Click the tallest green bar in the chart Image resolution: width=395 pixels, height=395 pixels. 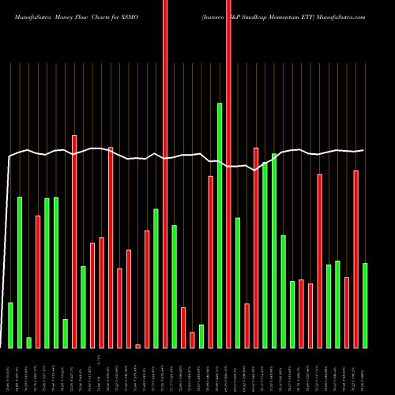tap(220, 225)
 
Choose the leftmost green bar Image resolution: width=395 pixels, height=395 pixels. tap(10, 325)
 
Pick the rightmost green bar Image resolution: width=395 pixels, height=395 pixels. tap(364, 305)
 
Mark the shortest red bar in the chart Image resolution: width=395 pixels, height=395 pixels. tap(137, 346)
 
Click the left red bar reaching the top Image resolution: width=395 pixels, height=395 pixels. tap(165, 174)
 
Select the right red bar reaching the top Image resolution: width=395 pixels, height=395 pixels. tap(228, 174)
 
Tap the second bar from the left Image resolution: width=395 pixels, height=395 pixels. tap(20, 272)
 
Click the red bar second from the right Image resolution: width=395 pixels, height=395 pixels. tap(346, 312)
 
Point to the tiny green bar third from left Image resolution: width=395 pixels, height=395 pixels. tap(28, 342)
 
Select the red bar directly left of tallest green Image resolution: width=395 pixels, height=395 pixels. tap(210, 261)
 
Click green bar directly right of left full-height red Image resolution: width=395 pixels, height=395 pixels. tap(174, 286)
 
